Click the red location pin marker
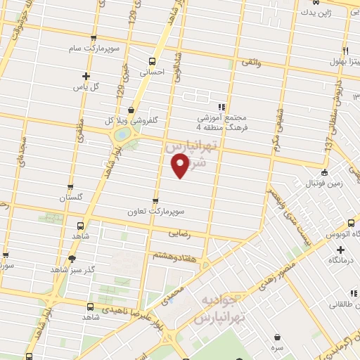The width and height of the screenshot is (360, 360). coord(181,165)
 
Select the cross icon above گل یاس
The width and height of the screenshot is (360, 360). coord(86,76)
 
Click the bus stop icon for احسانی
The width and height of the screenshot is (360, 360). coord(153,61)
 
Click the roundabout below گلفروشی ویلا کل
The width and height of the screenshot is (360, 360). coord(122,134)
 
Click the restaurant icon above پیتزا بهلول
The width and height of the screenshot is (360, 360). coord(345,51)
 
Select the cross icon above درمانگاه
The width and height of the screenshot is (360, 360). coord(340,249)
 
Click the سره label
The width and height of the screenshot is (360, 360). coord(279,347)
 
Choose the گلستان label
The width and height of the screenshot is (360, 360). coord(71,198)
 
